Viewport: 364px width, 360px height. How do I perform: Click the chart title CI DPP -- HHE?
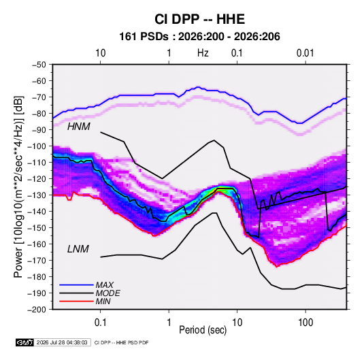click(x=199, y=19)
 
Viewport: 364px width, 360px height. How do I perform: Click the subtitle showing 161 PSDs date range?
click(x=199, y=37)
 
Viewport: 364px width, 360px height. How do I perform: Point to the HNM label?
click(x=78, y=127)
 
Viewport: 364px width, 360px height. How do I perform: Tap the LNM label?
click(x=78, y=249)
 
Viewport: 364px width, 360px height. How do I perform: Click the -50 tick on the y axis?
click(x=39, y=65)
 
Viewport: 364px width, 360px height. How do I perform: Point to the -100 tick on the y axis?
click(x=37, y=146)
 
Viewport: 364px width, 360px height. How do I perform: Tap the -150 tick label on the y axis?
click(x=37, y=228)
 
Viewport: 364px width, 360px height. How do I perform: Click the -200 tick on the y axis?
click(x=37, y=310)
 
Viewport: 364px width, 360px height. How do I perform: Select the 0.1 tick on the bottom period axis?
click(x=100, y=323)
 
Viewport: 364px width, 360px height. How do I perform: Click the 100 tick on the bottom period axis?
click(x=305, y=323)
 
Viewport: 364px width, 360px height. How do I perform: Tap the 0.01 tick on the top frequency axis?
click(x=305, y=53)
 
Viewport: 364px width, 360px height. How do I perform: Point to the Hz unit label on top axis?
click(x=203, y=53)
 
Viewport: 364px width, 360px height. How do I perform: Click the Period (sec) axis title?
click(x=203, y=330)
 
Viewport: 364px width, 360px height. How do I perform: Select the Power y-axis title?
click(x=18, y=187)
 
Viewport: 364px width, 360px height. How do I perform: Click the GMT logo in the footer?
click(x=25, y=342)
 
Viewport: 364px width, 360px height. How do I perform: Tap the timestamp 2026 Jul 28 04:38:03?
click(x=62, y=342)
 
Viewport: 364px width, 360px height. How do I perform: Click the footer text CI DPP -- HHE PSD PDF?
click(x=121, y=342)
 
